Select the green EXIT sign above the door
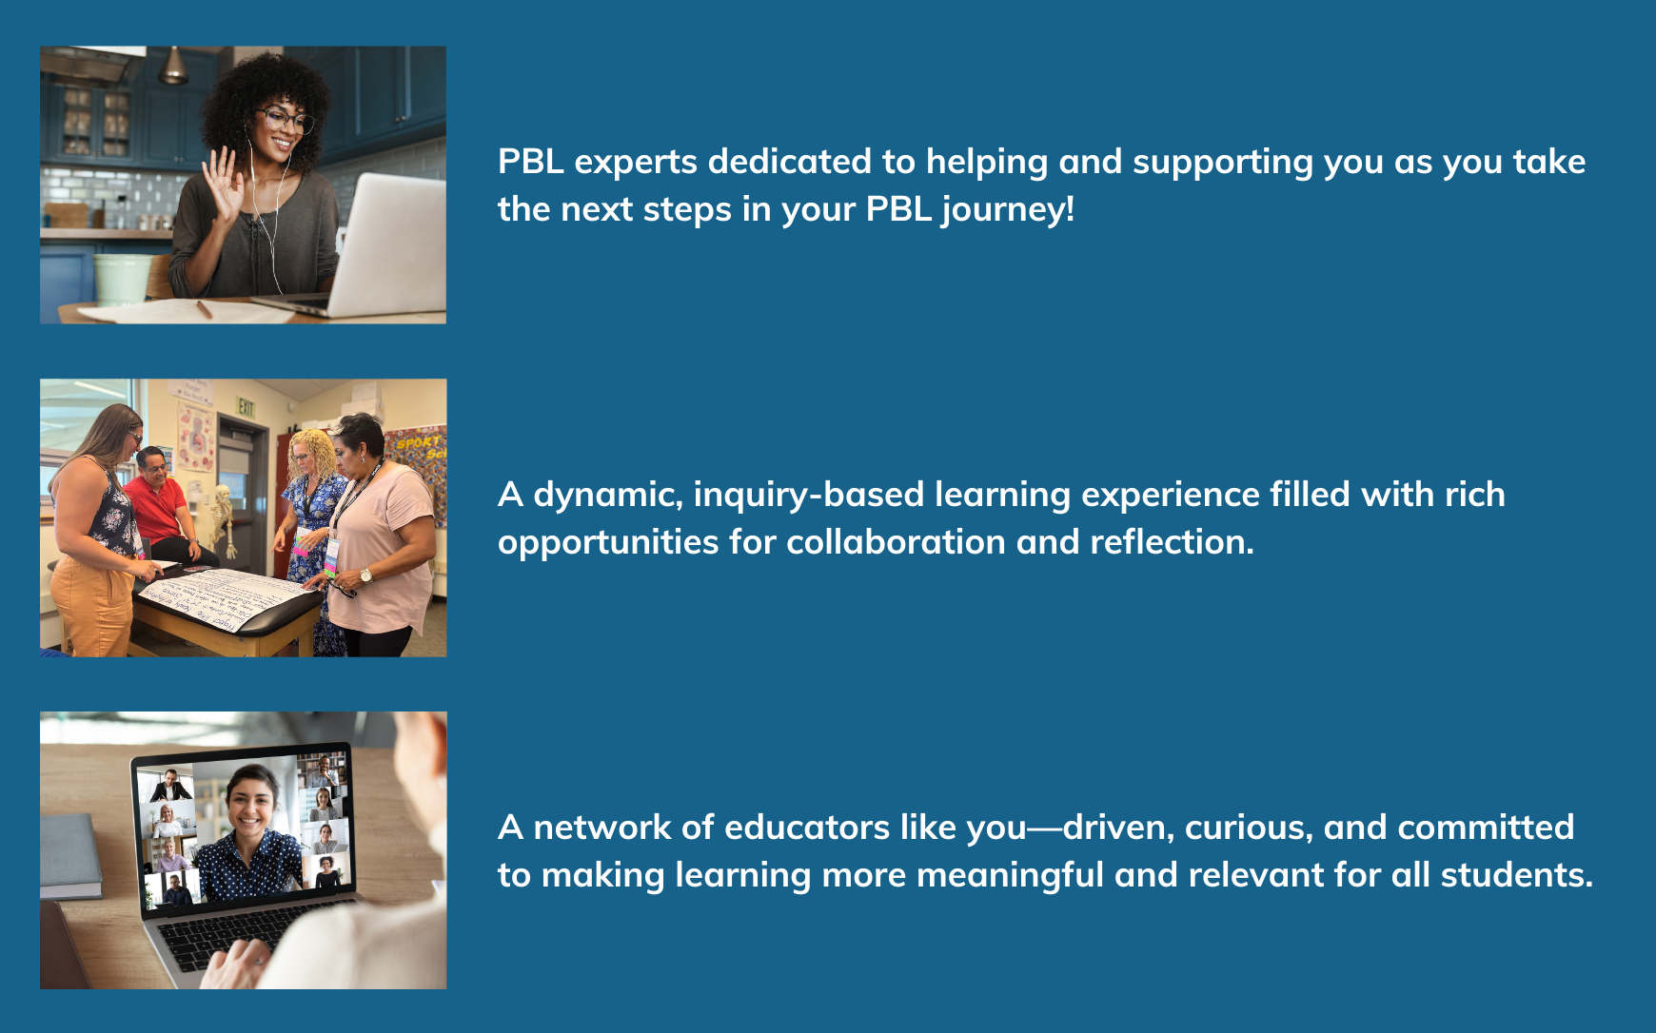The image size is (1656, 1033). pyautogui.click(x=246, y=407)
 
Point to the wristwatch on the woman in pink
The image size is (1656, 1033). pyautogui.click(x=365, y=575)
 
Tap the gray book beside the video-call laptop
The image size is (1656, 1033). pyautogui.click(x=70, y=856)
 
